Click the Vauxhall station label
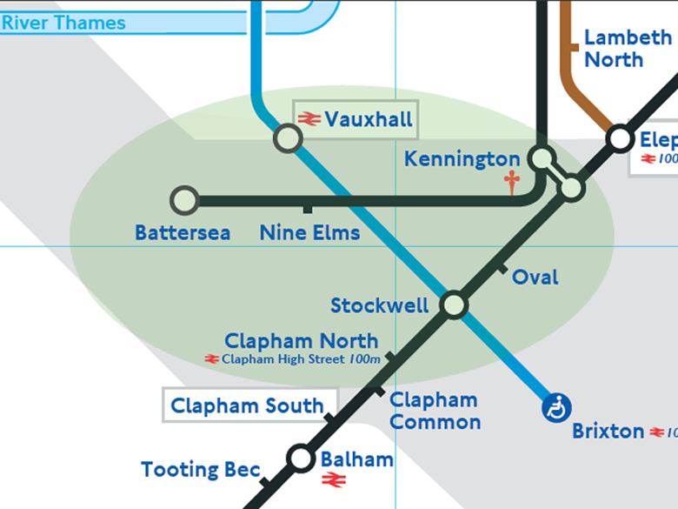coord(368,119)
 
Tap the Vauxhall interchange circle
coord(287,137)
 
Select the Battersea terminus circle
coord(184,200)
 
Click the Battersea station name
coord(183,233)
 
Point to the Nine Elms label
coord(309,233)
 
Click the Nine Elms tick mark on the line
coord(307,209)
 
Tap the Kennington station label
coord(462,159)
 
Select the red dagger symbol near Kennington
coord(512,182)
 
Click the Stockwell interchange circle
coord(454,305)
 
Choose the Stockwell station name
coord(379,305)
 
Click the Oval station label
coord(535,278)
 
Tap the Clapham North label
coord(301,341)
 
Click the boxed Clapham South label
coord(247,405)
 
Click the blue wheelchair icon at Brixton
coord(556,407)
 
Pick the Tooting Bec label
coord(200,470)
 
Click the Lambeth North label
coord(628,49)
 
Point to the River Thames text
coord(63,23)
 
